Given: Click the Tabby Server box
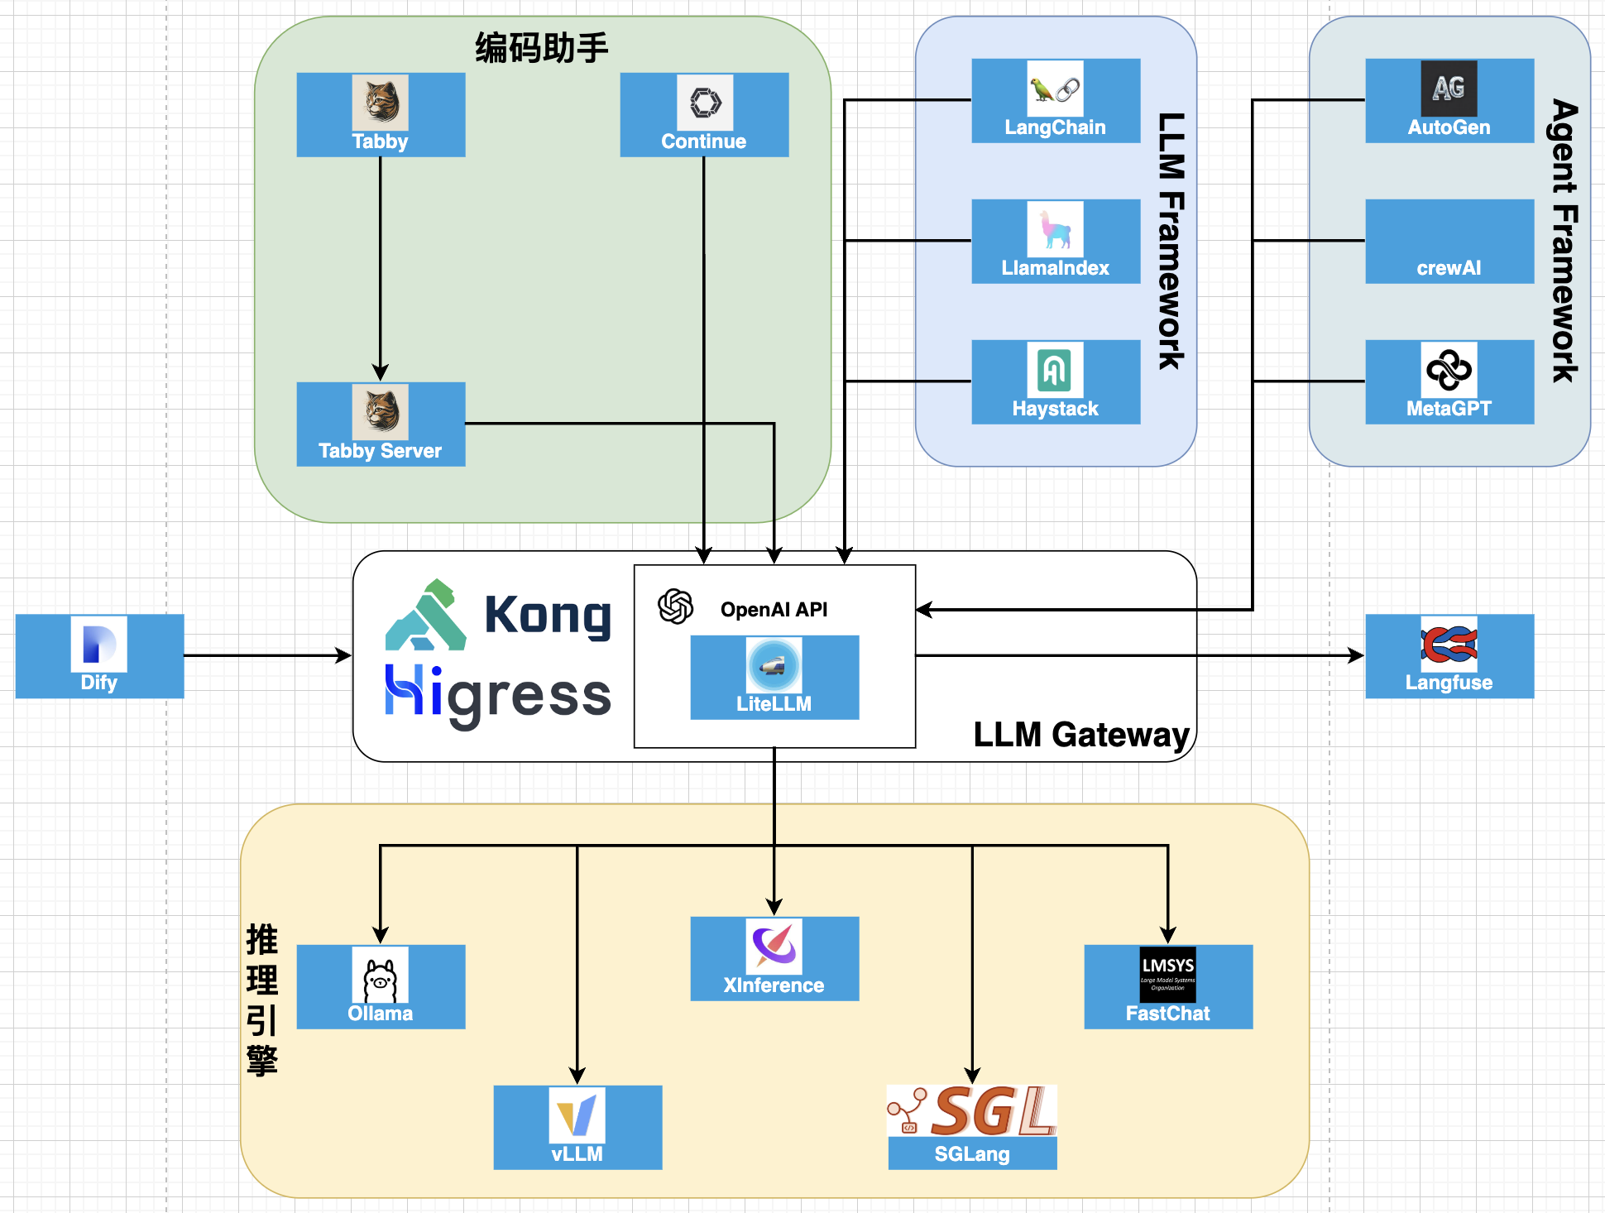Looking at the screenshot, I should [381, 424].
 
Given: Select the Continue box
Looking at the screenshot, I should [704, 115].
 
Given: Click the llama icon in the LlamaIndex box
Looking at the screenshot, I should [1055, 228].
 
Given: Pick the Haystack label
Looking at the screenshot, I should [1055, 409].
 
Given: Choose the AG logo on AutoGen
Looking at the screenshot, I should [1449, 88].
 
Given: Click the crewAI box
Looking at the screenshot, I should [1449, 242].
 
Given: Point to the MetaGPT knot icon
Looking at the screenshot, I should [1449, 369].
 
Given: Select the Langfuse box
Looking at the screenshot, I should [1449, 656].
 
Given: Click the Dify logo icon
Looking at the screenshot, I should [99, 644].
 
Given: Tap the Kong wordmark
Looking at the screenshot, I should [547, 616].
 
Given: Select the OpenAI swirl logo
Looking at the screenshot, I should [675, 606].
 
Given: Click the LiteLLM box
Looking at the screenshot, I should [774, 678].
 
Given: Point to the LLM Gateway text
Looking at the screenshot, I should [1080, 735].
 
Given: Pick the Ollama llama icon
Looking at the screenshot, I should [381, 976].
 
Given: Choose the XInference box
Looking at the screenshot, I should [774, 959].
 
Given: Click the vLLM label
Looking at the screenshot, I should [577, 1154].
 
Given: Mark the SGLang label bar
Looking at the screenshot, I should [972, 1154].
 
